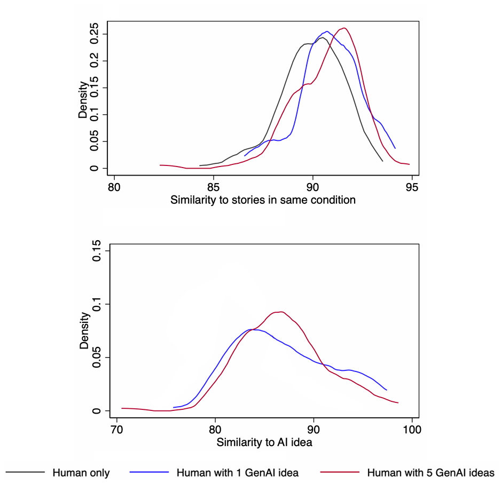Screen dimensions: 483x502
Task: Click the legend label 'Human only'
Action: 81,472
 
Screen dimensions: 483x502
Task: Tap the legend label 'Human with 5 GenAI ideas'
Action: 430,472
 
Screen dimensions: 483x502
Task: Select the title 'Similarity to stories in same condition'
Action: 263,200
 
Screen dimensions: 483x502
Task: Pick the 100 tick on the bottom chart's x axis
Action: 412,429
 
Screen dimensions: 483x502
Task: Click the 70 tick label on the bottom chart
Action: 114,429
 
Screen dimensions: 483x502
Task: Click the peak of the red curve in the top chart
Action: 344,28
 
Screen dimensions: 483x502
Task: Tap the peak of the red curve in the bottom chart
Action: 280,312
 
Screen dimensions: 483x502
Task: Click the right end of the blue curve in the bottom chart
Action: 387,390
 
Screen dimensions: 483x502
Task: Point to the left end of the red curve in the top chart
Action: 160,165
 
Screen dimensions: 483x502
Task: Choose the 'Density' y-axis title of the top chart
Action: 83,99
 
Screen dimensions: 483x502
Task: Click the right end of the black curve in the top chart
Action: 382,161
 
